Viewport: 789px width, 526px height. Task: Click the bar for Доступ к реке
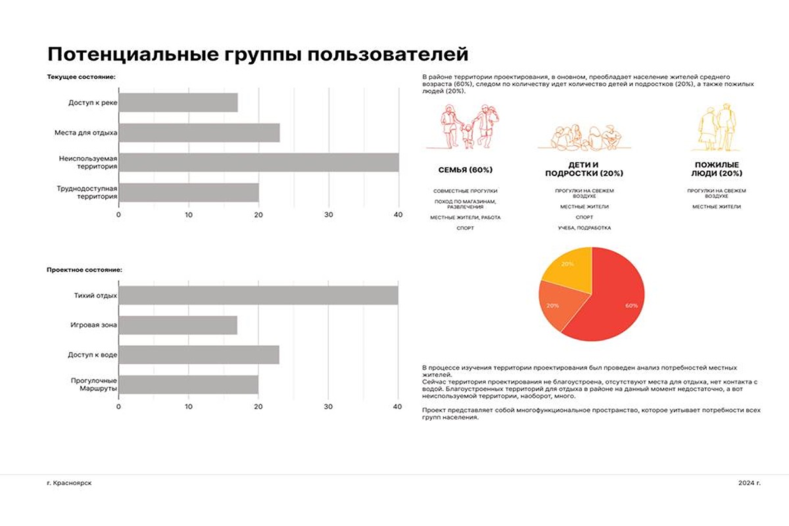(x=178, y=103)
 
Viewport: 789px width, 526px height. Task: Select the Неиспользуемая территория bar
(x=258, y=162)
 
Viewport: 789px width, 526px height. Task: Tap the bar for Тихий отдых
(x=258, y=295)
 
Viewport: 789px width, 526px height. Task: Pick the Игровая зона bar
(x=178, y=325)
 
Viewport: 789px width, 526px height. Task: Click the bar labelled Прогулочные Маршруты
(x=188, y=385)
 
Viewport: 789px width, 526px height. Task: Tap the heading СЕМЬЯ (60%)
(x=466, y=170)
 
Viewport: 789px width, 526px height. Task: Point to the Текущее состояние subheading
(x=82, y=77)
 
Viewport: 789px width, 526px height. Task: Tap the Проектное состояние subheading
(x=85, y=270)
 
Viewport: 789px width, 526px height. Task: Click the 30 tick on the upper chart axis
(x=329, y=214)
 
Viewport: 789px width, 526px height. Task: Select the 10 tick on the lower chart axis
(x=189, y=407)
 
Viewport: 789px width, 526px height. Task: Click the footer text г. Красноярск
(x=69, y=483)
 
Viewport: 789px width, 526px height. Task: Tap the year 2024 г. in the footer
(x=749, y=483)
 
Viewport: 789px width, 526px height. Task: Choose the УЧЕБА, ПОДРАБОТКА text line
(x=584, y=227)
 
